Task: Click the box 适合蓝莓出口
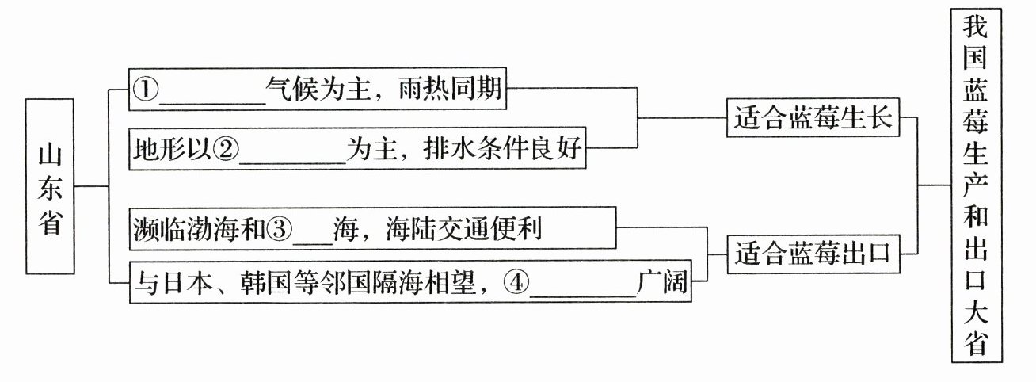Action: [x=812, y=254]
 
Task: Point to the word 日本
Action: [x=185, y=283]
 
